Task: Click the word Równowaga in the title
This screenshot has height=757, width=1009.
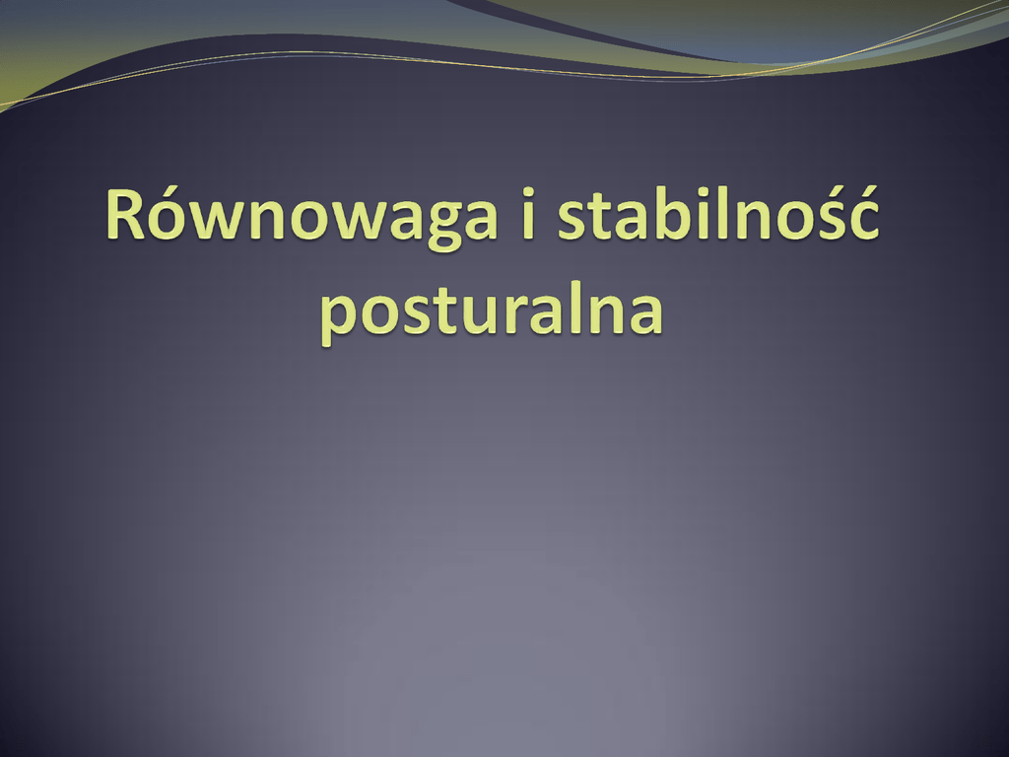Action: point(302,216)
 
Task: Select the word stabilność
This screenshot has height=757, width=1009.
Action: point(717,213)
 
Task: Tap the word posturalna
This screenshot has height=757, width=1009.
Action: point(492,311)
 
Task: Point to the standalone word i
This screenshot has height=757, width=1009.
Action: point(528,214)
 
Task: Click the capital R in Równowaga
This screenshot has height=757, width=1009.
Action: point(125,214)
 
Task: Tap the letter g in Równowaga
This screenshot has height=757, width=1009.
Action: point(426,227)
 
